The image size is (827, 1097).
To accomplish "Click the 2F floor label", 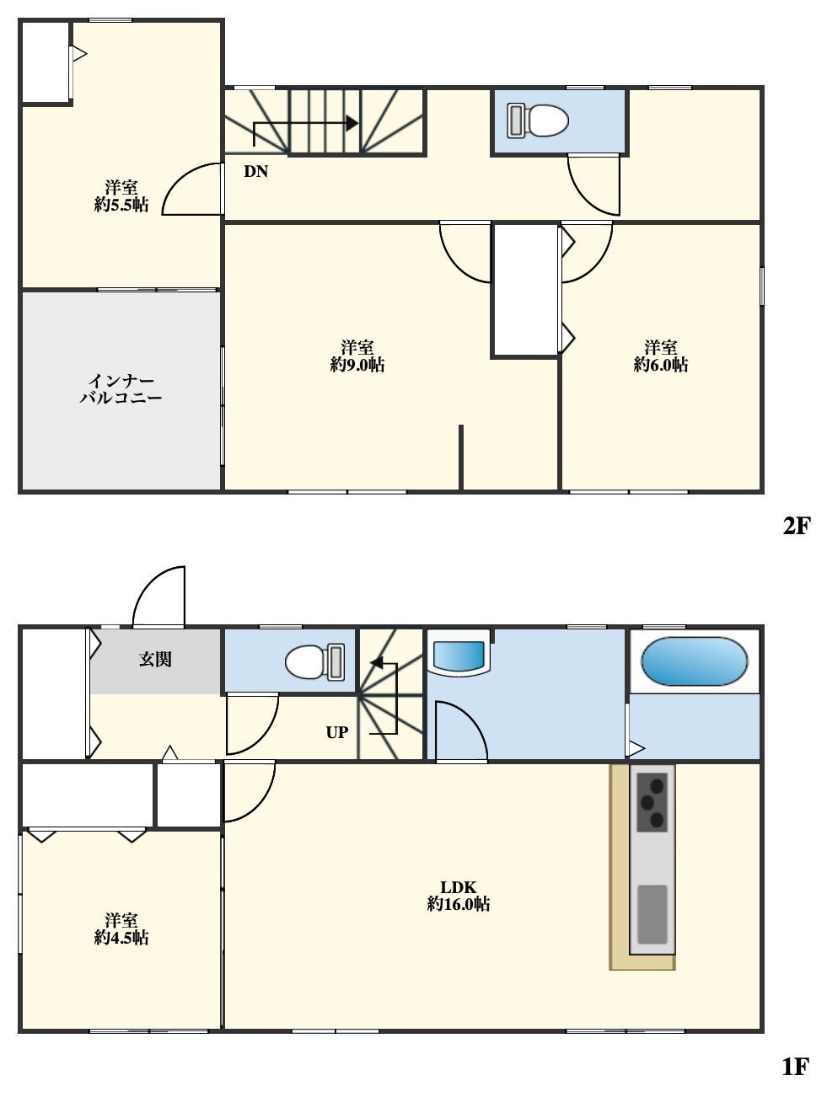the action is click(796, 525).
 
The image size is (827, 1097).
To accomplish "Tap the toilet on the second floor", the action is click(538, 120).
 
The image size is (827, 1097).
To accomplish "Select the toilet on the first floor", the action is click(314, 662).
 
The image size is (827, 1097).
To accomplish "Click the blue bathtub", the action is click(694, 661).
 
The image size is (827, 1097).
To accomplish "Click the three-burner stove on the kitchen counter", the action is click(652, 802).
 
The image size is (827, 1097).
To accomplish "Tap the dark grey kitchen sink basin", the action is click(652, 914).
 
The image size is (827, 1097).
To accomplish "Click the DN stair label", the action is click(255, 171).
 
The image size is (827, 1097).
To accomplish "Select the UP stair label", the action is click(336, 733).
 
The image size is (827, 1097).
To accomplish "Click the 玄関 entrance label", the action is click(155, 659).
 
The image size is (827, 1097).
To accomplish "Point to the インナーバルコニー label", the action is click(121, 389).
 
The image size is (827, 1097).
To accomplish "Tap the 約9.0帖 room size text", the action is click(357, 365).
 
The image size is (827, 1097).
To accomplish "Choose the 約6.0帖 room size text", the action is click(660, 365).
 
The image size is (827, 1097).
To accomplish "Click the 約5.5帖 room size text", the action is click(121, 205).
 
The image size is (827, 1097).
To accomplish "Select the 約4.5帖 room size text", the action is click(121, 938).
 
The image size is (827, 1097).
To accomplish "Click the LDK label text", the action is click(458, 887).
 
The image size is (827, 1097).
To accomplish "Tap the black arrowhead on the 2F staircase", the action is click(352, 123).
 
